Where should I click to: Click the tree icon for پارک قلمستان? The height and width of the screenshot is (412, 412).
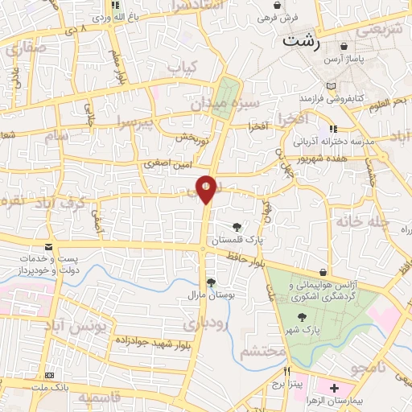pyautogui.click(x=237, y=228)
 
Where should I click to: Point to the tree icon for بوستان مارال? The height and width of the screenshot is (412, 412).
pyautogui.click(x=211, y=282)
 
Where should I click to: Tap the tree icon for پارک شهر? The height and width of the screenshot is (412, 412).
pyautogui.click(x=302, y=317)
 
